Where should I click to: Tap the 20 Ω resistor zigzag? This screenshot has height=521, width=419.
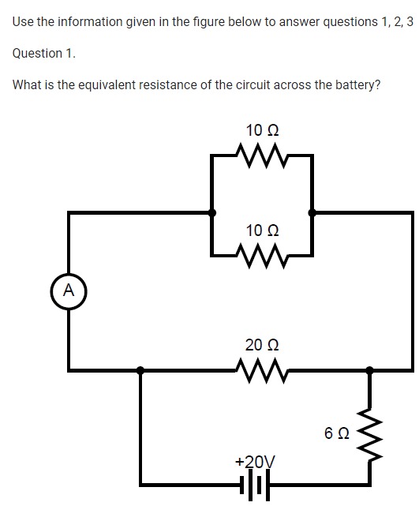click(261, 368)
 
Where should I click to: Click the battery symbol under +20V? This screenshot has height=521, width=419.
click(255, 485)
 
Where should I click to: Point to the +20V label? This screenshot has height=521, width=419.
click(255, 462)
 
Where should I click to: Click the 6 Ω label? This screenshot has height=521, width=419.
click(335, 433)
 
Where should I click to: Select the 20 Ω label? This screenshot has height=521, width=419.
click(261, 345)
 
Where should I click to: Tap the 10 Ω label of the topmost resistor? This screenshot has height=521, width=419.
click(262, 129)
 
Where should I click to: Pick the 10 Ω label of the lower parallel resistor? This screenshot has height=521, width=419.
click(262, 231)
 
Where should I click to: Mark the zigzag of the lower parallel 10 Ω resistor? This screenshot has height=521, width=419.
click(262, 254)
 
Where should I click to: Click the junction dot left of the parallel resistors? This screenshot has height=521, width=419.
click(211, 212)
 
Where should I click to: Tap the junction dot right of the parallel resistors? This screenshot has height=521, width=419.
click(312, 212)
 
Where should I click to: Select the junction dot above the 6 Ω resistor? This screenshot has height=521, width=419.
click(368, 369)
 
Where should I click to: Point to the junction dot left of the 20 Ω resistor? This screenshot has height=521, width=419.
click(140, 369)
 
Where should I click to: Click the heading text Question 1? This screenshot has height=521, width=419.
click(44, 53)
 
